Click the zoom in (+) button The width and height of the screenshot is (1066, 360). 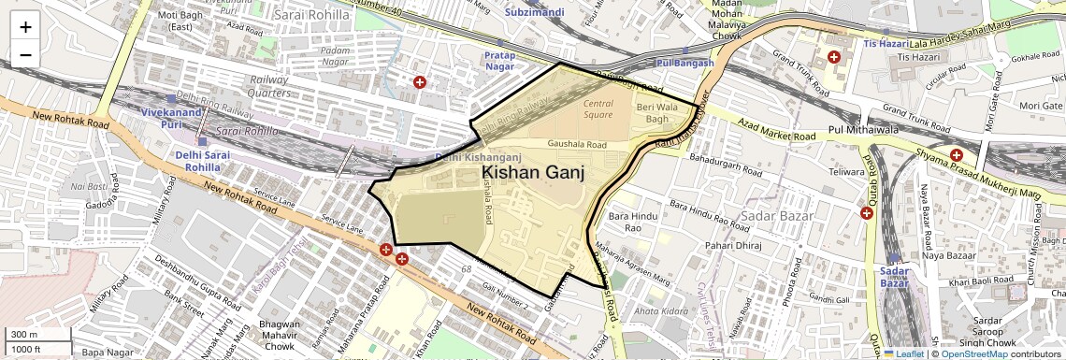[x=25, y=26]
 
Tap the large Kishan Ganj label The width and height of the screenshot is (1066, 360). [x=533, y=173]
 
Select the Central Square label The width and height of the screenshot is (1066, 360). [x=598, y=108]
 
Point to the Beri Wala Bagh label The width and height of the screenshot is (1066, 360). [x=654, y=113]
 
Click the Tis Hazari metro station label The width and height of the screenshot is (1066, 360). [x=885, y=44]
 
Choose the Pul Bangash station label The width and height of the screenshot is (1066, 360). [x=685, y=63]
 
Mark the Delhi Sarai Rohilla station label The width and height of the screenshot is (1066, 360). [x=202, y=161]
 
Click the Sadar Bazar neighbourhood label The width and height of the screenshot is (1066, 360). [x=772, y=217]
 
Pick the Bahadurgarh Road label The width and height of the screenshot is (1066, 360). [x=727, y=167]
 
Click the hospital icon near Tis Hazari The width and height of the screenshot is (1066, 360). [x=833, y=57]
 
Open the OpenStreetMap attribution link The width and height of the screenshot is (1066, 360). [x=973, y=353]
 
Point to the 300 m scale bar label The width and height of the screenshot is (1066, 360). [x=24, y=334]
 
